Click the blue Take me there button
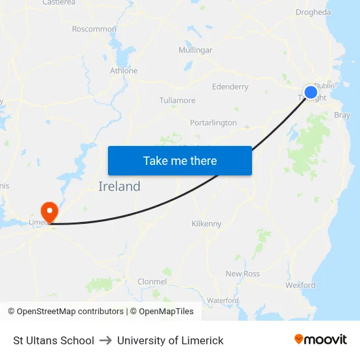[180, 160]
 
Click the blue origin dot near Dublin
[311, 92]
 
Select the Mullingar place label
[195, 50]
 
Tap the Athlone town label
[124, 71]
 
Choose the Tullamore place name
[177, 101]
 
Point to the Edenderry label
[230, 86]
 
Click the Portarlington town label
[213, 122]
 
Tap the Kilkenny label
[207, 224]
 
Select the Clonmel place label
[152, 281]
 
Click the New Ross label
[242, 274]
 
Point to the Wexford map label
[300, 285]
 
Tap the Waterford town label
[223, 300]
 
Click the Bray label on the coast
[342, 115]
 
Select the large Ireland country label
[119, 187]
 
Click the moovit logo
[321, 340]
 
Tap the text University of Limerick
[170, 340]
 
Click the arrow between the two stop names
[105, 340]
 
